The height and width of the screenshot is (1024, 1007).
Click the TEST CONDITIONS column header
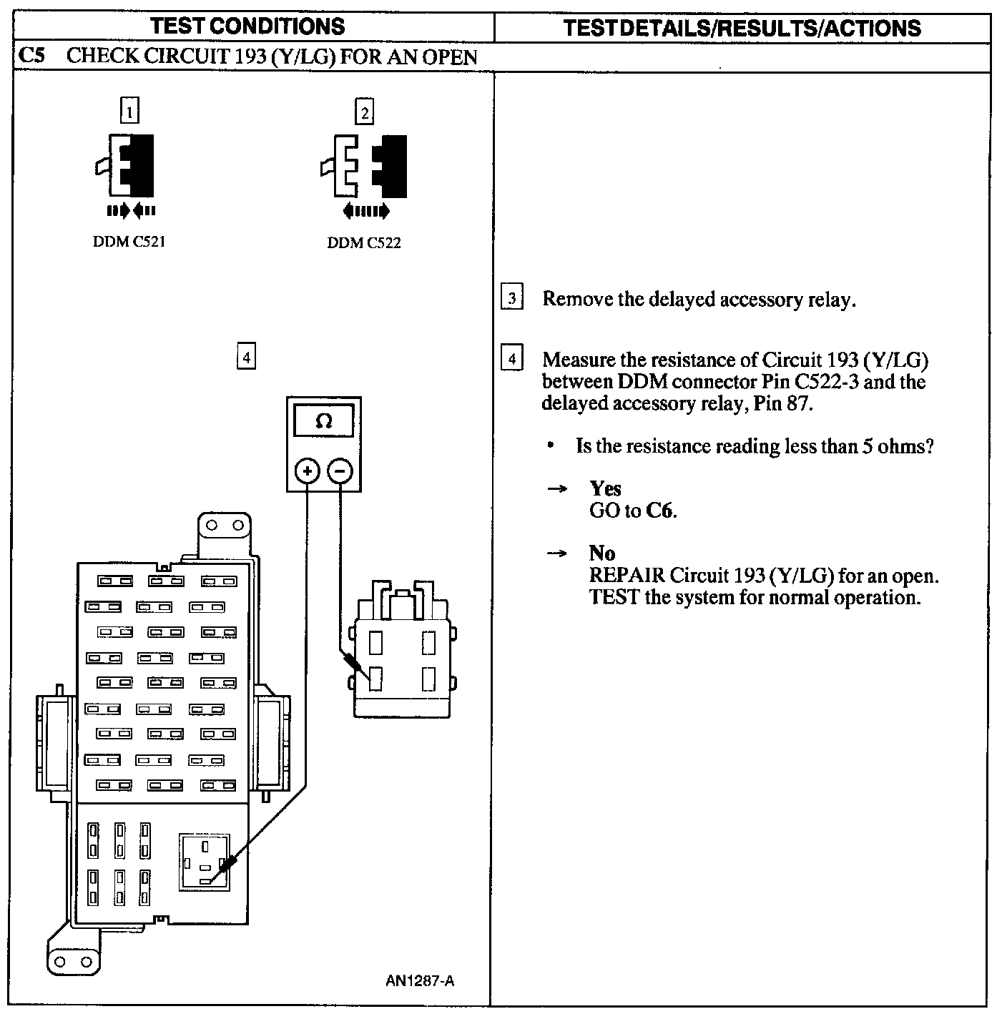tap(247, 26)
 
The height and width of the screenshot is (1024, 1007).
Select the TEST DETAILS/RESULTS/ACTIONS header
tap(742, 28)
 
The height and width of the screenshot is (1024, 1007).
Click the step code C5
tap(31, 55)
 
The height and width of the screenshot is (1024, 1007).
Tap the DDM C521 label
tap(129, 242)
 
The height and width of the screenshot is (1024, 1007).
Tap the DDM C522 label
tap(363, 243)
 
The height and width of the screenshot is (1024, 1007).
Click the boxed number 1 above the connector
tap(129, 111)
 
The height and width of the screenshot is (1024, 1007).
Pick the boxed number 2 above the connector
tap(365, 112)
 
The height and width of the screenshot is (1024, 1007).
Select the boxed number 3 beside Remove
tap(512, 297)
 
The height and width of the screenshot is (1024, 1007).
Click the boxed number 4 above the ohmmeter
tap(246, 356)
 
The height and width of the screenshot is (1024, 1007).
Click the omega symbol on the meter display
tap(324, 421)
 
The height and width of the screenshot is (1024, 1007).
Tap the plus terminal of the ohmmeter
tap(308, 471)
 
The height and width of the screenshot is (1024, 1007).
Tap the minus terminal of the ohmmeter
tap(340, 471)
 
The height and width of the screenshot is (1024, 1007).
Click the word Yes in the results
tap(605, 488)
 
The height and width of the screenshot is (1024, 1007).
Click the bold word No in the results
tap(602, 553)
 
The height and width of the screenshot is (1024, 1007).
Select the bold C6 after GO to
tap(661, 511)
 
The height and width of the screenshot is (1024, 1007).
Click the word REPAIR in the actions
tap(627, 576)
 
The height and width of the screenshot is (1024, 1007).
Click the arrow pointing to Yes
tap(557, 489)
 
